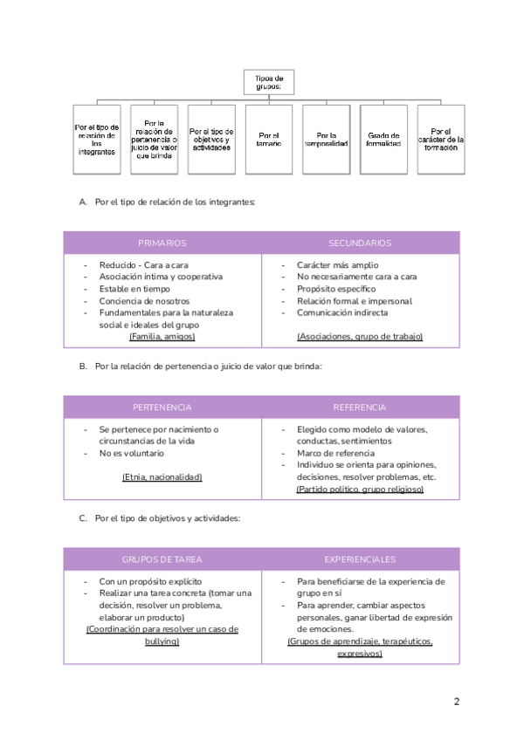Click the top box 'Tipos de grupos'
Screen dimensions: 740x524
tap(269, 82)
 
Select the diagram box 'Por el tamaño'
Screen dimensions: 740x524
tap(269, 139)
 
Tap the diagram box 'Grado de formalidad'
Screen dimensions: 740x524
tap(383, 139)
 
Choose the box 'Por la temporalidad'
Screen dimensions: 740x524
tap(326, 139)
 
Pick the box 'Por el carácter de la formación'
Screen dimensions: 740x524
tap(440, 139)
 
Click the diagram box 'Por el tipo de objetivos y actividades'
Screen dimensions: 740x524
tap(211, 139)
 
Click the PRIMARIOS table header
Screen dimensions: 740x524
tap(162, 243)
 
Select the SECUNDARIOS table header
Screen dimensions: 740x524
tap(360, 243)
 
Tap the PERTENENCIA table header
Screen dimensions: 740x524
tap(162, 408)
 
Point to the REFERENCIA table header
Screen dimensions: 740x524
tap(360, 408)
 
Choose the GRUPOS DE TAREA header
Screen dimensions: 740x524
tap(162, 559)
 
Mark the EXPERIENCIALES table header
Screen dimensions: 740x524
tap(360, 559)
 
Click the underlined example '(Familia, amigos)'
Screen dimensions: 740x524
tap(162, 336)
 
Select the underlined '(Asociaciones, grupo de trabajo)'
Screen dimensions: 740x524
tap(360, 336)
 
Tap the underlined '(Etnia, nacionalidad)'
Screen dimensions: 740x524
tap(162, 477)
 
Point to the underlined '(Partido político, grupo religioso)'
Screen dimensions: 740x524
tap(360, 490)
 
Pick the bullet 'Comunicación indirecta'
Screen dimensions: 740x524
tap(342, 312)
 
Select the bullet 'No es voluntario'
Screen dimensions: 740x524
tap(132, 453)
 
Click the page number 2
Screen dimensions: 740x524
tap(457, 702)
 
